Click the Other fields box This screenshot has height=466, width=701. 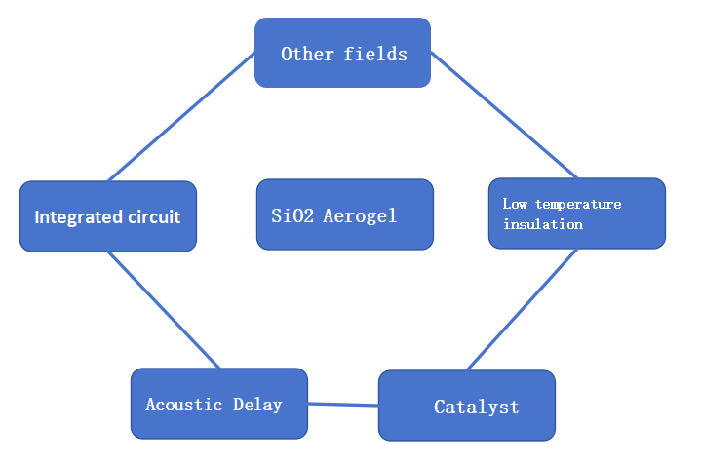(x=342, y=53)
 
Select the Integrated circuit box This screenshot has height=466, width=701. (x=107, y=216)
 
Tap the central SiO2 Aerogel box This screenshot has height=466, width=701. (x=344, y=214)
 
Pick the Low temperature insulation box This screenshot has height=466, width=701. (x=576, y=214)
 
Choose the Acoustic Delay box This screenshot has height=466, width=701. (x=218, y=404)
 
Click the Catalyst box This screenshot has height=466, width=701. (x=466, y=406)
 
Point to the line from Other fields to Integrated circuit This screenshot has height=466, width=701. (x=181, y=117)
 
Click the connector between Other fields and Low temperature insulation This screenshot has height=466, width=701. (x=504, y=115)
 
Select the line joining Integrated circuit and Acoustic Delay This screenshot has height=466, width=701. (x=163, y=310)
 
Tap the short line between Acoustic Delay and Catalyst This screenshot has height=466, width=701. (x=342, y=404)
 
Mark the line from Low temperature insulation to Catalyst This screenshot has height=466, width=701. (x=522, y=310)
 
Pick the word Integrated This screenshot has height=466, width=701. (x=74, y=217)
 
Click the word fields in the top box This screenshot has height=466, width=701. (x=375, y=54)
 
